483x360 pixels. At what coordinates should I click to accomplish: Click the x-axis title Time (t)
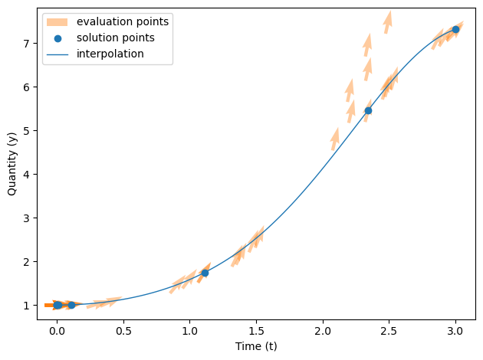pos(256,346)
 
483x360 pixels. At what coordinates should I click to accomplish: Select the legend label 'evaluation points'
pos(123,21)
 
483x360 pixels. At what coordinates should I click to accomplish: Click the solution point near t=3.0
pos(455,29)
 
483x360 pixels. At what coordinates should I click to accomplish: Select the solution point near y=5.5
pos(368,110)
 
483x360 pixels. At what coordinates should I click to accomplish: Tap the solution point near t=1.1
pos(205,273)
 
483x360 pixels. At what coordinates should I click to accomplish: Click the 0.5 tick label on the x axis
pos(123,331)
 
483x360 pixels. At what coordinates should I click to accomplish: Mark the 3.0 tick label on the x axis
pos(455,331)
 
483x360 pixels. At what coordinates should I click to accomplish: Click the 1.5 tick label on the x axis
pos(256,331)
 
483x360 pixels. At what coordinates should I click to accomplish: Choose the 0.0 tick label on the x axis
pos(57,331)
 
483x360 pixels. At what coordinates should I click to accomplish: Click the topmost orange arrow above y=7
pos(388,21)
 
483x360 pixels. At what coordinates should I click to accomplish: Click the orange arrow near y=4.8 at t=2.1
pos(334,139)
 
